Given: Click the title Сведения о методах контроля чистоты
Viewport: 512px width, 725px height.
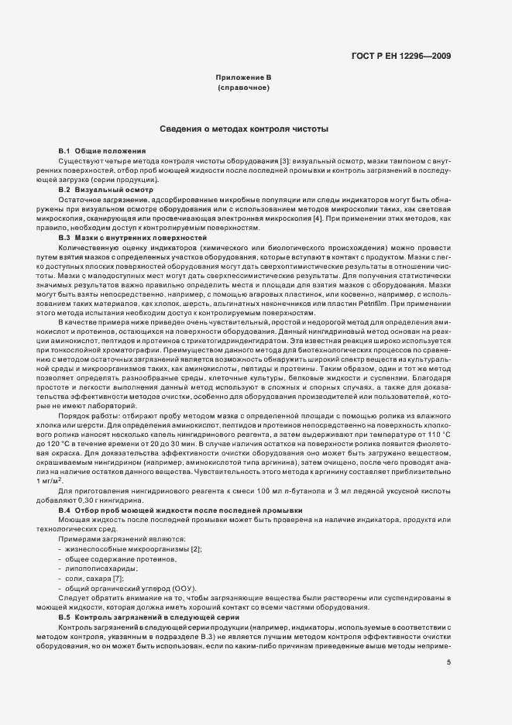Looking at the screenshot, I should pos(244,129).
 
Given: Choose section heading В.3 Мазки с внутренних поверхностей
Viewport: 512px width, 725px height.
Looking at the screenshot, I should pos(132,238).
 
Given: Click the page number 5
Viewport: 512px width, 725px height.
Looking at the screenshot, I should pos(449,662).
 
